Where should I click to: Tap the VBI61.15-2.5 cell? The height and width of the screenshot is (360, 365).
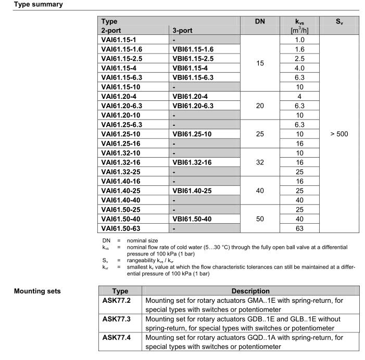(x=193, y=58)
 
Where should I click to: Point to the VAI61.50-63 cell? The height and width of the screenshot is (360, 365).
(x=123, y=227)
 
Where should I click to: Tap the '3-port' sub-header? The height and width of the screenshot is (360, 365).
(x=183, y=30)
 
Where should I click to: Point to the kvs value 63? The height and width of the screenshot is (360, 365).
(x=299, y=227)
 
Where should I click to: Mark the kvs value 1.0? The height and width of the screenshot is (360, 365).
(x=299, y=40)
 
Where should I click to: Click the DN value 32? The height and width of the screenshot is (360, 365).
(x=260, y=162)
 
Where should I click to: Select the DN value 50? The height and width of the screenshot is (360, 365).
(x=260, y=218)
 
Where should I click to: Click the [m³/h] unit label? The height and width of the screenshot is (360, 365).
(x=299, y=31)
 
